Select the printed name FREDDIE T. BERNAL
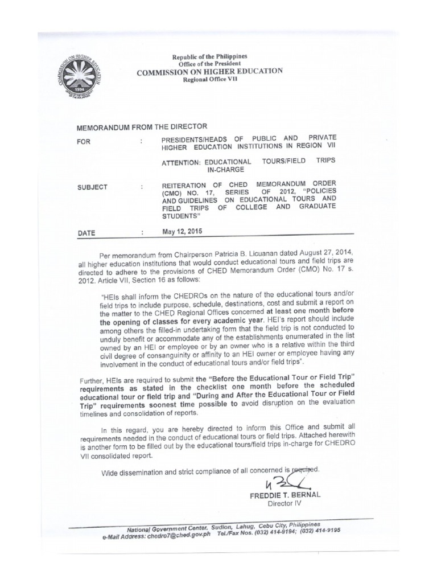coord(285,495)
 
